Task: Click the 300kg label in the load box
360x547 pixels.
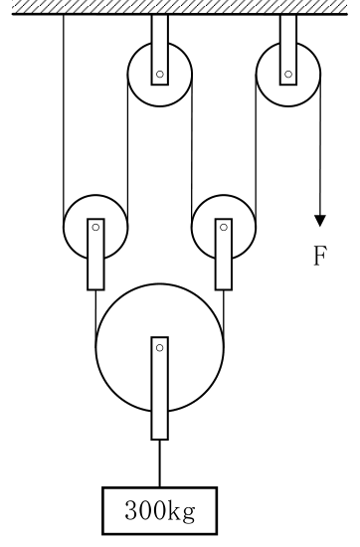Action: click(x=160, y=511)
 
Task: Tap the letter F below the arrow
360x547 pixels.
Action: click(x=320, y=256)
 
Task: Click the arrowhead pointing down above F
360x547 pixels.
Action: click(x=320, y=221)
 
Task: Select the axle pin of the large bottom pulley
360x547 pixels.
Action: click(x=160, y=348)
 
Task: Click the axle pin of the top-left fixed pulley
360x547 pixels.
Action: click(x=160, y=74)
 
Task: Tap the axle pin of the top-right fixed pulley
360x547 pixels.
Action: click(x=288, y=74)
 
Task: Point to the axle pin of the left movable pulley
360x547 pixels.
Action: click(x=95, y=228)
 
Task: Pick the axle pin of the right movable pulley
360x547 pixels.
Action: click(x=224, y=228)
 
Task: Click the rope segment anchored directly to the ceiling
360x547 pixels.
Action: click(x=64, y=121)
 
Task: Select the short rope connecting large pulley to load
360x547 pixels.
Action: click(x=160, y=463)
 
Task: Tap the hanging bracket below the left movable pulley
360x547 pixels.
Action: click(x=95, y=255)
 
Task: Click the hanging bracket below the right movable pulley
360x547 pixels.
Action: click(x=224, y=255)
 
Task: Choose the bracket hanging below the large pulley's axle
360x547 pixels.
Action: click(x=160, y=388)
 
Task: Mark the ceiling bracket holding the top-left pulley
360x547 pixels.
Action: click(x=160, y=50)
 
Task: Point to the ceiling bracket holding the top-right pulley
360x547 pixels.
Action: click(x=288, y=50)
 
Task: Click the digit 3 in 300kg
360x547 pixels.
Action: click(x=131, y=510)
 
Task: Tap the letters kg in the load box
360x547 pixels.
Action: click(x=181, y=512)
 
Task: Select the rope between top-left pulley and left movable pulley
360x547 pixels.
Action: click(x=127, y=151)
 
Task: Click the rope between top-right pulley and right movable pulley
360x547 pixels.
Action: click(x=256, y=151)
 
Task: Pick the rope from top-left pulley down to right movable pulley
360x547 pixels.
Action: click(x=192, y=151)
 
